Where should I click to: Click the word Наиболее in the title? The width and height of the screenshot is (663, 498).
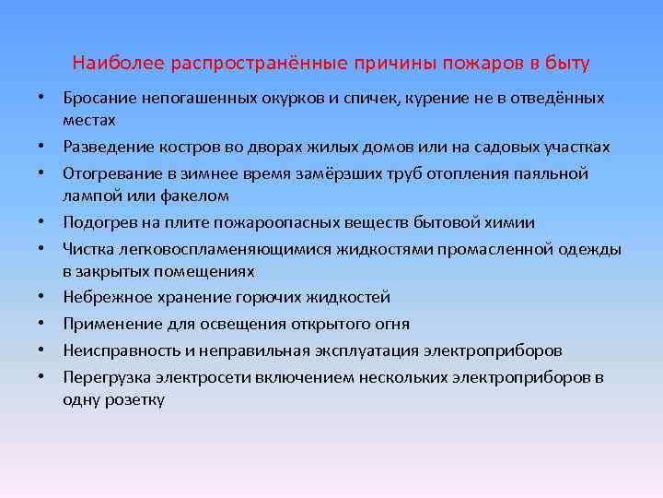(x=103, y=65)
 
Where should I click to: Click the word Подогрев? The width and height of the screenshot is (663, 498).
(x=98, y=222)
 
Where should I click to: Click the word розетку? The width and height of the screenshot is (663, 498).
(x=134, y=400)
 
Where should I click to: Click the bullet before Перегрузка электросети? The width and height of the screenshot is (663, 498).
(x=42, y=378)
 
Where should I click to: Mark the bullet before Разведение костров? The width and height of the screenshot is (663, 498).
(x=42, y=148)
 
